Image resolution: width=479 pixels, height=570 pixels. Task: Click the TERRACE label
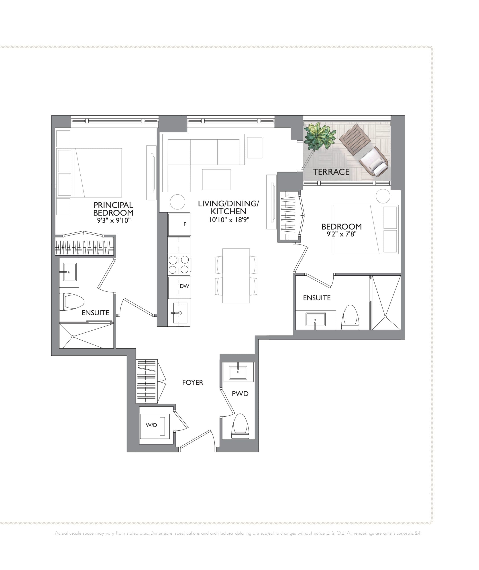click(331, 172)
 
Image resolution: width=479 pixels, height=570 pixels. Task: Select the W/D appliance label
click(151, 425)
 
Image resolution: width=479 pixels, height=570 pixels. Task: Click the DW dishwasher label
click(184, 286)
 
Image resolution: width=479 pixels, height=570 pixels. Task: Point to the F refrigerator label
click(185, 224)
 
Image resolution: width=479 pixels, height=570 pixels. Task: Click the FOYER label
click(193, 383)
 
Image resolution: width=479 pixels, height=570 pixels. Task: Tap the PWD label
click(240, 394)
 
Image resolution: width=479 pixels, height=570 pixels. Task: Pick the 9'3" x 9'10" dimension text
click(114, 220)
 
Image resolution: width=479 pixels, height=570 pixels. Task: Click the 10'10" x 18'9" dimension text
click(229, 220)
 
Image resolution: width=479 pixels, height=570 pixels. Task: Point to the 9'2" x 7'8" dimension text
click(341, 234)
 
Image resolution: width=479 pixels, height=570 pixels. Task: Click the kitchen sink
click(179, 313)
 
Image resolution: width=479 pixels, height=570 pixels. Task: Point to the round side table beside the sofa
click(177, 202)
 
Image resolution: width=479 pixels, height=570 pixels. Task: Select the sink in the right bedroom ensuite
click(315, 320)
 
